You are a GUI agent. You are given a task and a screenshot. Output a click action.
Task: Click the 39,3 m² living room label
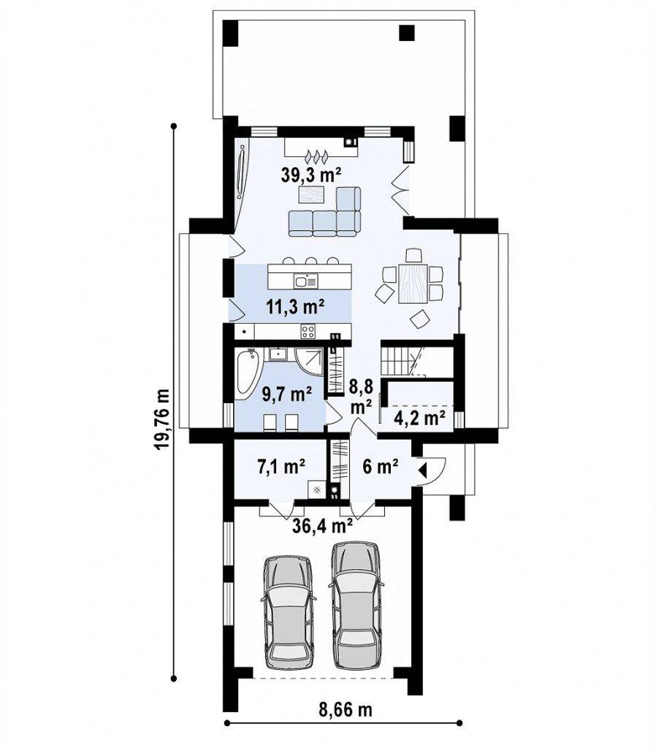click(x=310, y=175)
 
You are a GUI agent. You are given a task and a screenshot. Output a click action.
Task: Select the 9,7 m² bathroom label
click(x=287, y=394)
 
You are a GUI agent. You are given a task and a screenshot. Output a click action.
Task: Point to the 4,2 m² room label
click(x=420, y=418)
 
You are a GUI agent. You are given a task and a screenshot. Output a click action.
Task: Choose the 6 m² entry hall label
click(x=381, y=466)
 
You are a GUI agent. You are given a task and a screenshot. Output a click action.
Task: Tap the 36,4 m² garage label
click(x=322, y=526)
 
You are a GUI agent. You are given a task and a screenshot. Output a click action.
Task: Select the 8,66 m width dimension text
click(x=346, y=710)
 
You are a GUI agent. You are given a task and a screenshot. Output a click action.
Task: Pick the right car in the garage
click(x=356, y=605)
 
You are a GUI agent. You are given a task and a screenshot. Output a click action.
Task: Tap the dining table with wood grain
click(x=413, y=284)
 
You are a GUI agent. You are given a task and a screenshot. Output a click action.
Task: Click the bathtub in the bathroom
click(x=248, y=373)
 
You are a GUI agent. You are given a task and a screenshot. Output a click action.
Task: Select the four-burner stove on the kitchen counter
click(x=308, y=331)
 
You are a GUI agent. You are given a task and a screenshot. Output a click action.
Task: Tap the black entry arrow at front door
click(x=423, y=470)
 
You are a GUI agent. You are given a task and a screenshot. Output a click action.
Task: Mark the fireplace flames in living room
click(x=316, y=155)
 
